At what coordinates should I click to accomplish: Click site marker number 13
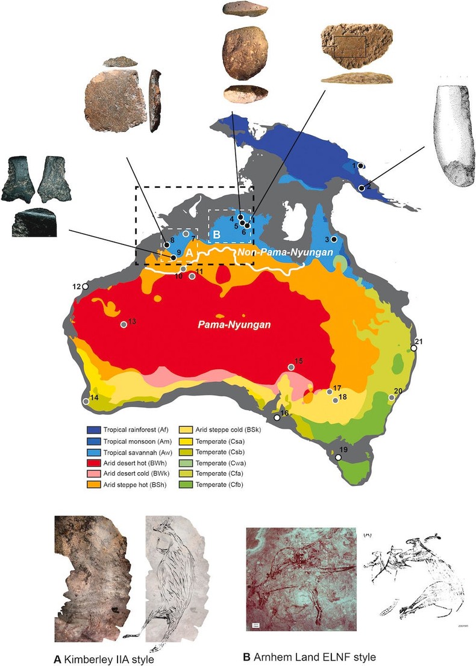(124, 325)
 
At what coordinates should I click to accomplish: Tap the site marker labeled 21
(414, 348)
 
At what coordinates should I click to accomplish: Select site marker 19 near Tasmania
(338, 458)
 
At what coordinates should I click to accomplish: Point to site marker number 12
(86, 287)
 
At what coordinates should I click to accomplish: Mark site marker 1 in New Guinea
(360, 166)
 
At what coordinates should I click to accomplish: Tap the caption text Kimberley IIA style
(108, 655)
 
